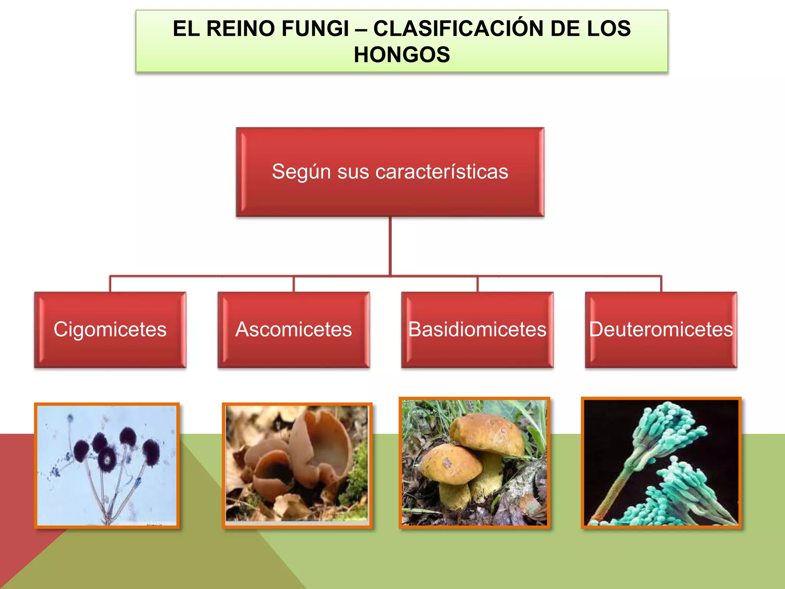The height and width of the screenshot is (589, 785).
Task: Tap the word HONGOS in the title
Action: [402, 54]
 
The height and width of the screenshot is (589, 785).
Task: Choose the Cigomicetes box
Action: [110, 329]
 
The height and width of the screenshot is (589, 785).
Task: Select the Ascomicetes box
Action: [294, 329]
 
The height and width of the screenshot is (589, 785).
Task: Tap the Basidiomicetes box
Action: [477, 329]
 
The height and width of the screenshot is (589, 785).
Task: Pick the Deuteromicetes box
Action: [661, 329]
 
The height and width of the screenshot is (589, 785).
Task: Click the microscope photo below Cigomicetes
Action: [107, 465]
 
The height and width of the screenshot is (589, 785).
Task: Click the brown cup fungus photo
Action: [297, 465]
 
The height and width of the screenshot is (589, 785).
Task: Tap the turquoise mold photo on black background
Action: [661, 463]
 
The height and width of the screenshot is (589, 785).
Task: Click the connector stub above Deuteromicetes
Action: [661, 284]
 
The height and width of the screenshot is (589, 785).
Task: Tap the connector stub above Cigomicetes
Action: [110, 284]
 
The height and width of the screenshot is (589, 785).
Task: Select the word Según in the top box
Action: [301, 171]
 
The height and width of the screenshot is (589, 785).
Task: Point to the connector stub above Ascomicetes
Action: [294, 284]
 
